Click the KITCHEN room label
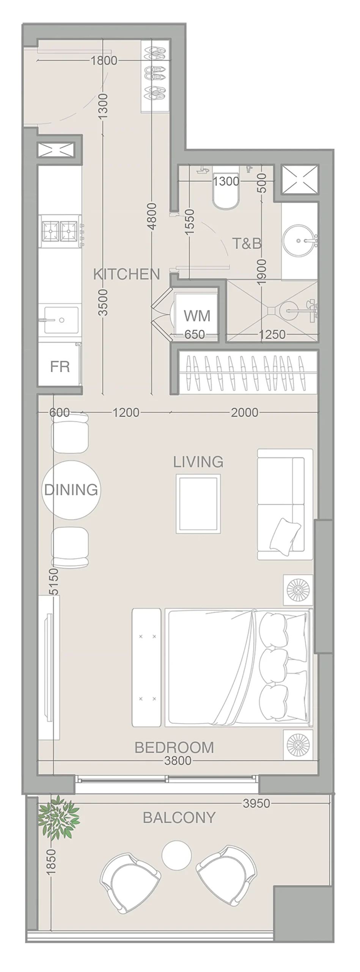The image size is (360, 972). tap(126, 274)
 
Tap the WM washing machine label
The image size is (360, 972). tap(197, 316)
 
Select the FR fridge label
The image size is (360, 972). tap(60, 366)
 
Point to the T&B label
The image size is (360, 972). tap(247, 243)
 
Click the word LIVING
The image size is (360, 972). tap(198, 462)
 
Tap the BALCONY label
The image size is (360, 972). tap(179, 817)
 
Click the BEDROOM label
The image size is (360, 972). tap(174, 747)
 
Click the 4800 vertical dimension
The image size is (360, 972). tap(151, 216)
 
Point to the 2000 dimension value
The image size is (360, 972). tap(245, 412)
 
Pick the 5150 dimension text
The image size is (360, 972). tap(54, 581)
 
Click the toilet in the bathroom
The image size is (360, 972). tap(226, 188)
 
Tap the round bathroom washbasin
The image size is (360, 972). tap(299, 241)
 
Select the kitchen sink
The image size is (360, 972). tap(61, 320)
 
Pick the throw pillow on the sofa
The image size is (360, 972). tap(285, 535)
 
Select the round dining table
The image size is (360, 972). tap(71, 490)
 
